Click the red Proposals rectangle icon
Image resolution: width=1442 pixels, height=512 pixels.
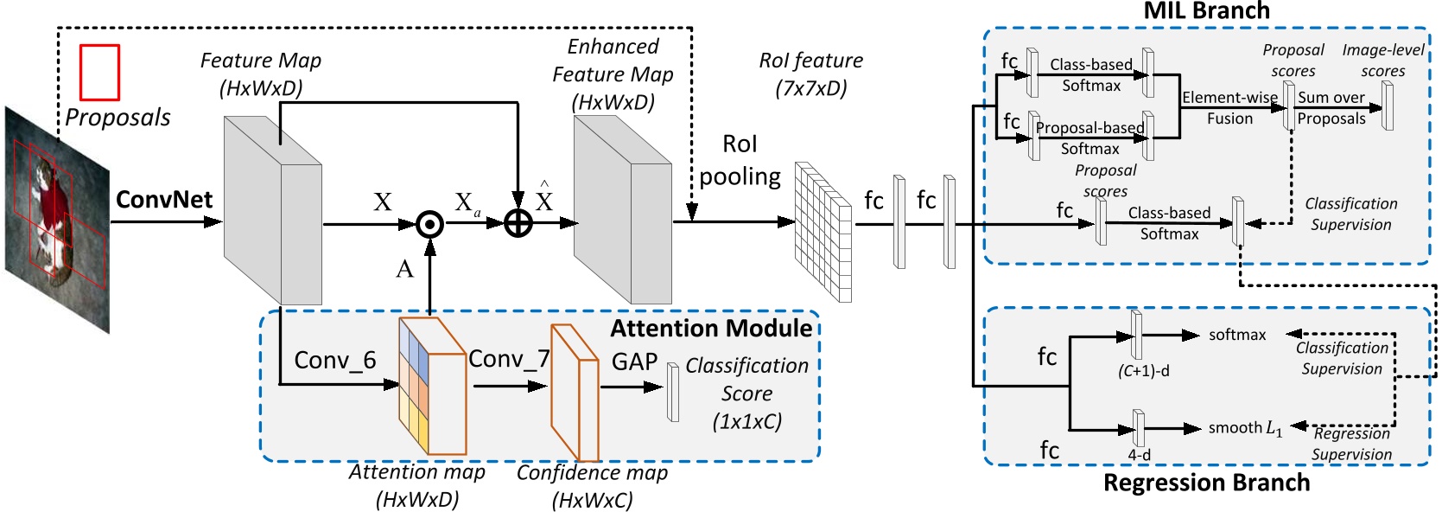(x=99, y=73)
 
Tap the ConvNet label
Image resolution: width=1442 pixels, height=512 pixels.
(x=164, y=200)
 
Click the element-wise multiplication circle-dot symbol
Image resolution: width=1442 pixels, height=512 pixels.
(x=429, y=225)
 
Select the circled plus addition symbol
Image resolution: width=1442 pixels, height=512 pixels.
(x=518, y=224)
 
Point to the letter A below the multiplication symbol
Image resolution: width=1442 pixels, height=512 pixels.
(x=404, y=270)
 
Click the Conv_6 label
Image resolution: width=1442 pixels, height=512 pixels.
(x=334, y=360)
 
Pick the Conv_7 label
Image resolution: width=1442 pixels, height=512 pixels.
(x=509, y=358)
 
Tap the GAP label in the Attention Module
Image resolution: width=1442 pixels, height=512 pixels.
(x=634, y=362)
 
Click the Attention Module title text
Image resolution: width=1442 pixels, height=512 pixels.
(x=710, y=329)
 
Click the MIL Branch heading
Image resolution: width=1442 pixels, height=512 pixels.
(x=1206, y=11)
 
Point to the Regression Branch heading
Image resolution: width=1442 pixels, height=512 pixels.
(x=1206, y=483)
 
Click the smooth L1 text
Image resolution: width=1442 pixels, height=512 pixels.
(x=1245, y=428)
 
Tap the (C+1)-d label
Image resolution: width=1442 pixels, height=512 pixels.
(x=1143, y=371)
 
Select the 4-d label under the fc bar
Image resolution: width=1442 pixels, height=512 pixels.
(x=1139, y=455)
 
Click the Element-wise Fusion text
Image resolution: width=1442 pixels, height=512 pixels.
(x=1229, y=108)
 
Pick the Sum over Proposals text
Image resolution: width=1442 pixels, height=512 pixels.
(x=1331, y=108)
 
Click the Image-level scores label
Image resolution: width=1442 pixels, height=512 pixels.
(x=1382, y=61)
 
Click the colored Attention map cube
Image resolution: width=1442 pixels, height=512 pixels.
(x=430, y=387)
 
